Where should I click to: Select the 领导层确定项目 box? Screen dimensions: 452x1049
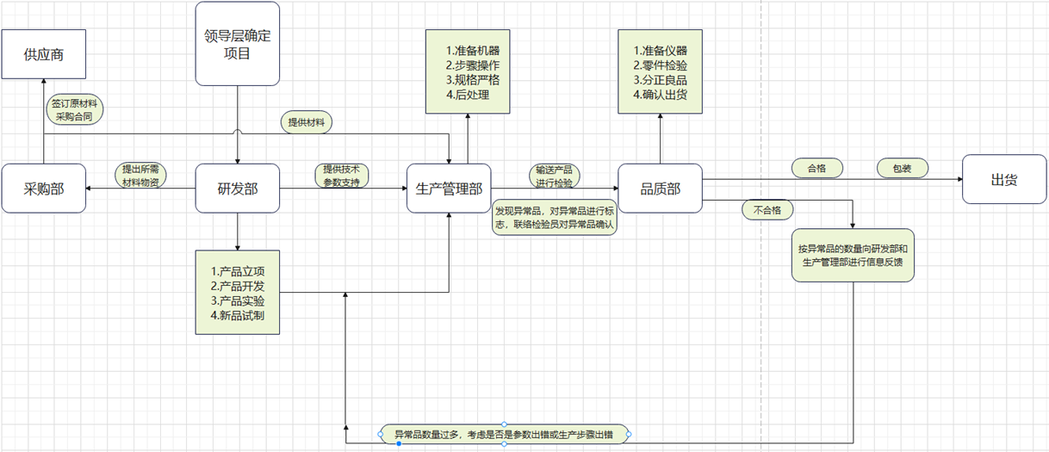point(238,44)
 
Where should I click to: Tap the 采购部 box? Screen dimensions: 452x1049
point(44,188)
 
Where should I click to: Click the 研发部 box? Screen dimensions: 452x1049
point(238,188)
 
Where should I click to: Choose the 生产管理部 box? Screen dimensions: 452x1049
point(449,188)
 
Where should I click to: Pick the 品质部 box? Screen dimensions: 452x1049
point(660,188)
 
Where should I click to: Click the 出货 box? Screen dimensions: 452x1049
point(1004,179)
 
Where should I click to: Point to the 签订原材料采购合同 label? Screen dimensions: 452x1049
point(74,108)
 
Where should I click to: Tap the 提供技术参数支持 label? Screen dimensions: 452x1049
point(342,176)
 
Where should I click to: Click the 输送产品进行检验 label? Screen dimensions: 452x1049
point(553,176)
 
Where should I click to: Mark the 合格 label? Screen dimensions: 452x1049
point(816,169)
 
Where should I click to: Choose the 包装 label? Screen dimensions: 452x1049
point(902,169)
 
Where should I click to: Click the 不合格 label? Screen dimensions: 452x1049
point(767,209)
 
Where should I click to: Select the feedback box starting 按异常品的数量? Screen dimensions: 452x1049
point(853,256)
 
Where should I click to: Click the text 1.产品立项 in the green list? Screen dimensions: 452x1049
point(237,270)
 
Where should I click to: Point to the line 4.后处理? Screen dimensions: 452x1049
point(468,95)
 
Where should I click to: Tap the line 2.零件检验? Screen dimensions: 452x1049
point(660,65)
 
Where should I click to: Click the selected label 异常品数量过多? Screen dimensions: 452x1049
point(503,434)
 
